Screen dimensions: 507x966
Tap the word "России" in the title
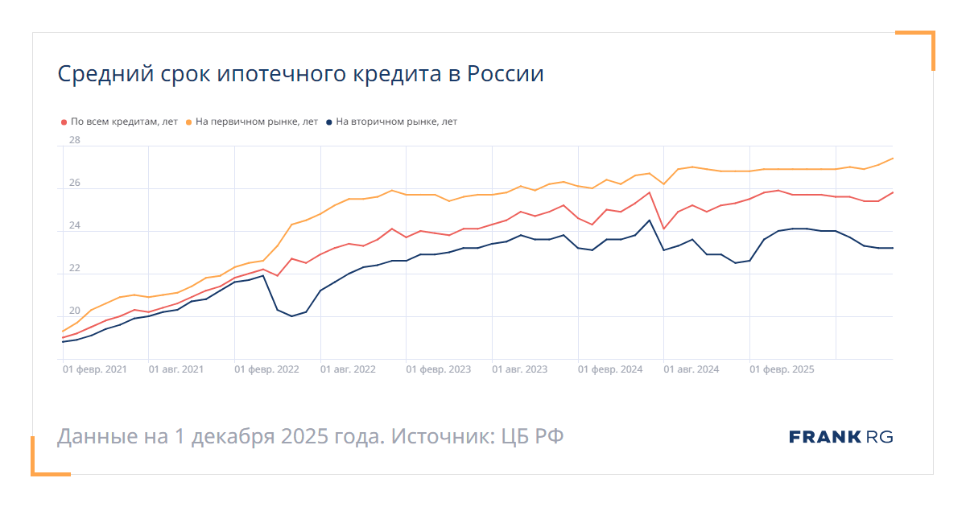point(506,75)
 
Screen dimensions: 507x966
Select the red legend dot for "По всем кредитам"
point(64,122)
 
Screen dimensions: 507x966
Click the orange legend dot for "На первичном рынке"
point(189,122)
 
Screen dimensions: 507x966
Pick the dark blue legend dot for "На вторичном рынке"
point(329,122)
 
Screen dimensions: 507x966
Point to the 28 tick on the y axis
point(75,140)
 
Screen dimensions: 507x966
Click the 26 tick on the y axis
point(75,183)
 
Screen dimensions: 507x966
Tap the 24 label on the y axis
point(75,225)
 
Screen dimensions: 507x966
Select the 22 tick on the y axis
point(75,268)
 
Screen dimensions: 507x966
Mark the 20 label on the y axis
point(75,311)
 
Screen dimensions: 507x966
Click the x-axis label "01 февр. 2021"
point(95,369)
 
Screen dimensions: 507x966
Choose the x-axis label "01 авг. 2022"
point(348,369)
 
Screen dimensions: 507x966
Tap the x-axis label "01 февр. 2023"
point(439,369)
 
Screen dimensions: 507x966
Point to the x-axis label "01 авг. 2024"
point(691,369)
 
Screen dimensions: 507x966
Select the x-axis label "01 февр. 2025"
point(782,369)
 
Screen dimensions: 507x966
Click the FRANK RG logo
point(841,437)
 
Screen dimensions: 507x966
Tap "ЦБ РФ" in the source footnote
point(532,437)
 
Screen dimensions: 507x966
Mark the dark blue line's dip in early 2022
point(291,316)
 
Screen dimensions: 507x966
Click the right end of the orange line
point(893,159)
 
